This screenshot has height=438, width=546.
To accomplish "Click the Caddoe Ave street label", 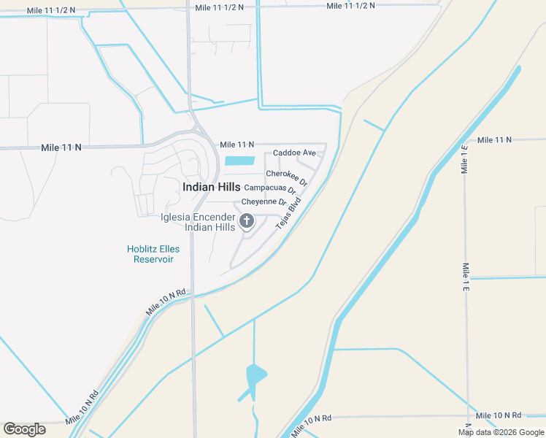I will (294, 153).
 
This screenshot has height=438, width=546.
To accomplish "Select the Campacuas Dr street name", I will (269, 188).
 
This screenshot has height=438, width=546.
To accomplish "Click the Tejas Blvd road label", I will (288, 214).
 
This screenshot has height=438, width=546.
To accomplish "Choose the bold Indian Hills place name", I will (211, 187).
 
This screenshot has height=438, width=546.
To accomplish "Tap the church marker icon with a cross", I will (247, 220).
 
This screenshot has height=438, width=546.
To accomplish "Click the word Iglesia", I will (176, 217).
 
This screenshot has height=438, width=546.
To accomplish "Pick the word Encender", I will (215, 217).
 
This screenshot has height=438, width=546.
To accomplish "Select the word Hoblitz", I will (144, 249).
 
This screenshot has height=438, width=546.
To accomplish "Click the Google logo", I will (24, 429).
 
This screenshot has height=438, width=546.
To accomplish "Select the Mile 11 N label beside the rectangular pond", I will (237, 145).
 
